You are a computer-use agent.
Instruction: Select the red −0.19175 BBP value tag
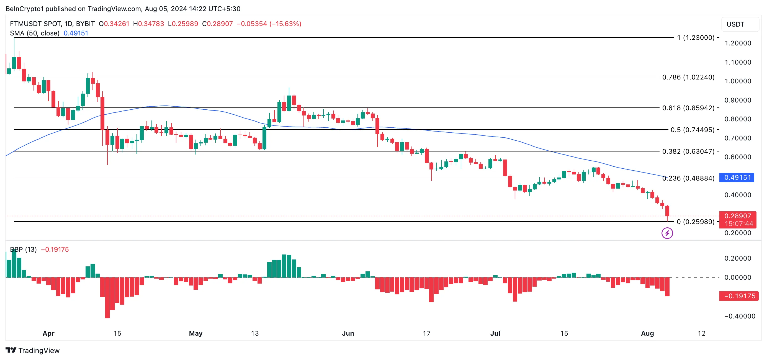[739, 296]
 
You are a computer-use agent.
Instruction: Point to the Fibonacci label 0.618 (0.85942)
[688, 108]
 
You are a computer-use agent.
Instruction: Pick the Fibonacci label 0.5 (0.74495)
[692, 130]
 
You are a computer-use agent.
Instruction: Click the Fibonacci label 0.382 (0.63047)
[688, 151]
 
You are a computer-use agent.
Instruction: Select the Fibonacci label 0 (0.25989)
[695, 222]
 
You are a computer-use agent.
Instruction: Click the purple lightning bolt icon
[667, 233]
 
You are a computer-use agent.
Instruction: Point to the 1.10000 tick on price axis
[738, 62]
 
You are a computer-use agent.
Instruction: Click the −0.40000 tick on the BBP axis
[739, 316]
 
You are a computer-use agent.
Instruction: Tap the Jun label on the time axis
[348, 333]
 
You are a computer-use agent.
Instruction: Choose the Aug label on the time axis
[647, 333]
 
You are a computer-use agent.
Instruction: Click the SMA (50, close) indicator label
[35, 33]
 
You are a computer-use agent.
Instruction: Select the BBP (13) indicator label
[23, 250]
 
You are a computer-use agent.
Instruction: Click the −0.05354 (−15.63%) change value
[269, 24]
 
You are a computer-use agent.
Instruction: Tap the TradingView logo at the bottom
[32, 351]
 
